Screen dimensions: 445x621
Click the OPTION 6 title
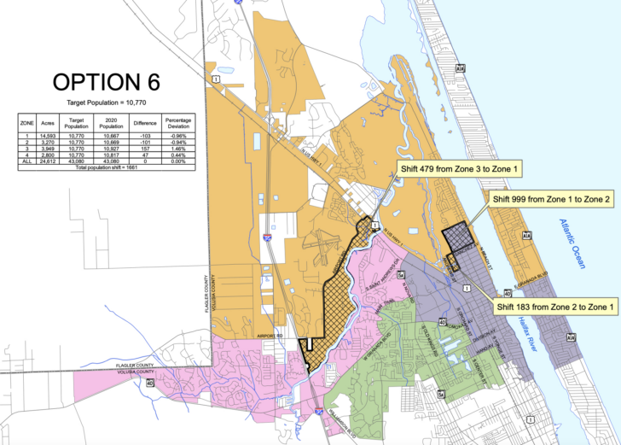click(106, 82)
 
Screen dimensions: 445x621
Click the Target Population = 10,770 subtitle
click(106, 102)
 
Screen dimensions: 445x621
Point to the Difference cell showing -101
click(143, 141)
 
